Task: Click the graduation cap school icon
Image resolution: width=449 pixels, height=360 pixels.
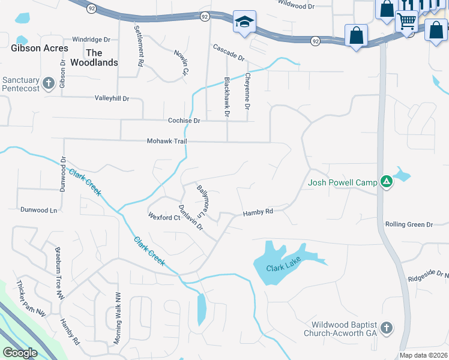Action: click(x=244, y=23)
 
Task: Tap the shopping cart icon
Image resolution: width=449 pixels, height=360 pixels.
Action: click(x=407, y=22)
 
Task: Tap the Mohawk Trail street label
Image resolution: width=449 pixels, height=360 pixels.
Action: click(x=167, y=141)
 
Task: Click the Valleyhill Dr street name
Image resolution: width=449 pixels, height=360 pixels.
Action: click(x=112, y=98)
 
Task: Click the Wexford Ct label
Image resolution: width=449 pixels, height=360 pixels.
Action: click(x=164, y=217)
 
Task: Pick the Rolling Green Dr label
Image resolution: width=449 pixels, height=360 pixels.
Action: click(x=409, y=224)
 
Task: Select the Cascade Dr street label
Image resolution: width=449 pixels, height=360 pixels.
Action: click(x=229, y=53)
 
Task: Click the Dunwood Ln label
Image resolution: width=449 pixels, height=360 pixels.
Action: click(x=38, y=210)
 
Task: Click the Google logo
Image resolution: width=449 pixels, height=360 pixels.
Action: click(x=20, y=353)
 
